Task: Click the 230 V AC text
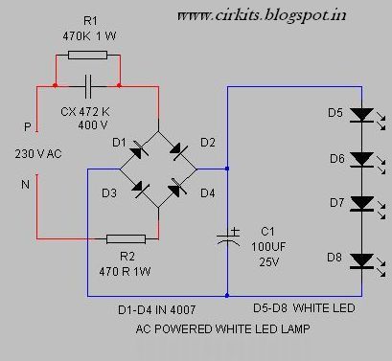(40, 152)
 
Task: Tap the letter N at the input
(26, 185)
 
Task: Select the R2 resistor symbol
(126, 239)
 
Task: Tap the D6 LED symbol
(361, 158)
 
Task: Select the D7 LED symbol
(361, 203)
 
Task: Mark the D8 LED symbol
(361, 259)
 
